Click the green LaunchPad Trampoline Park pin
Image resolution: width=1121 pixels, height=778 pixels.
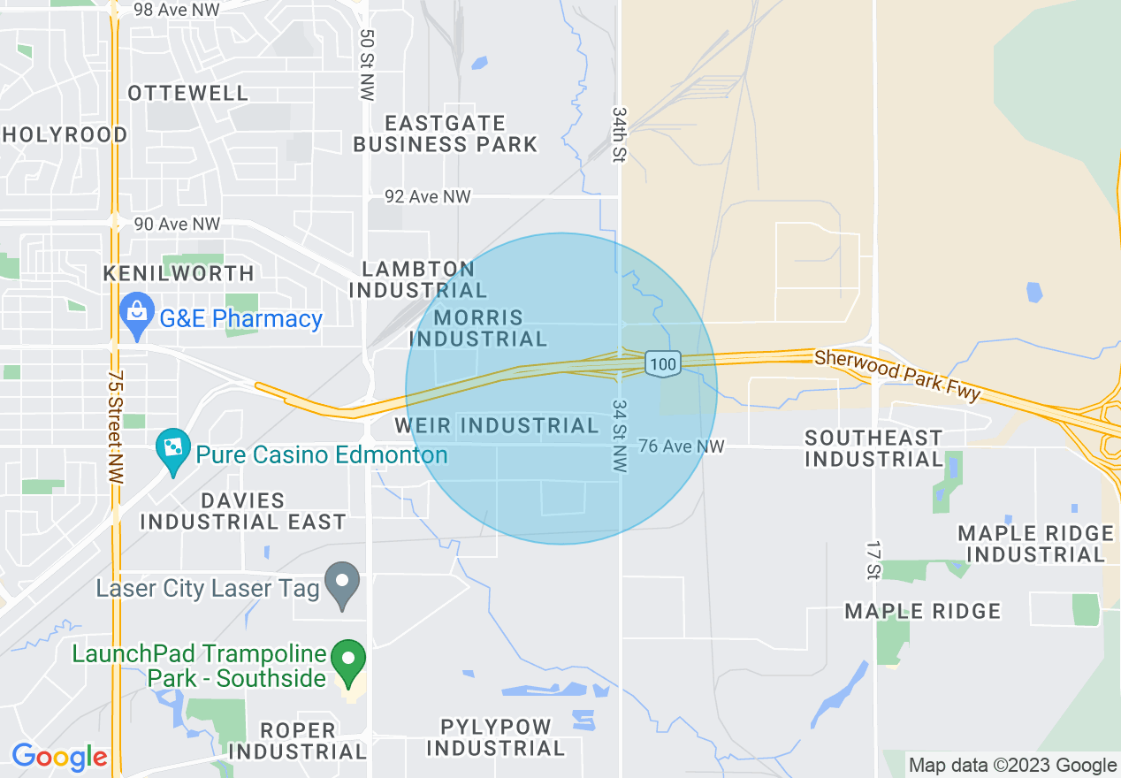(x=349, y=660)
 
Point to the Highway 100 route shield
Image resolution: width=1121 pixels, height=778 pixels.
(x=662, y=363)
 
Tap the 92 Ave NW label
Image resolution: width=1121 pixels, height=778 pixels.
(x=428, y=196)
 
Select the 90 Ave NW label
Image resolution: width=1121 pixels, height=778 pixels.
(x=177, y=225)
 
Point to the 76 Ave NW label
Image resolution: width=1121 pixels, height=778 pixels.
(x=681, y=446)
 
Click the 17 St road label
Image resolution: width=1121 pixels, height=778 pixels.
(x=873, y=559)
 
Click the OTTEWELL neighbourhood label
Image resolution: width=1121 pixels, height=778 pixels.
(x=188, y=93)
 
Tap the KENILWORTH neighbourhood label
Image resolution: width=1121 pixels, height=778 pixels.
(x=179, y=273)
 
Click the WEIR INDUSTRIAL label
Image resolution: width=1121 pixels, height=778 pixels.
(x=497, y=425)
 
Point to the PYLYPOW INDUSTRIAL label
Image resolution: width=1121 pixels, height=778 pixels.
(x=496, y=737)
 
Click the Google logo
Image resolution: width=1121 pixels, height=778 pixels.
(x=59, y=758)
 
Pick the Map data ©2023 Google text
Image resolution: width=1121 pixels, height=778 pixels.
(x=1012, y=766)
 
